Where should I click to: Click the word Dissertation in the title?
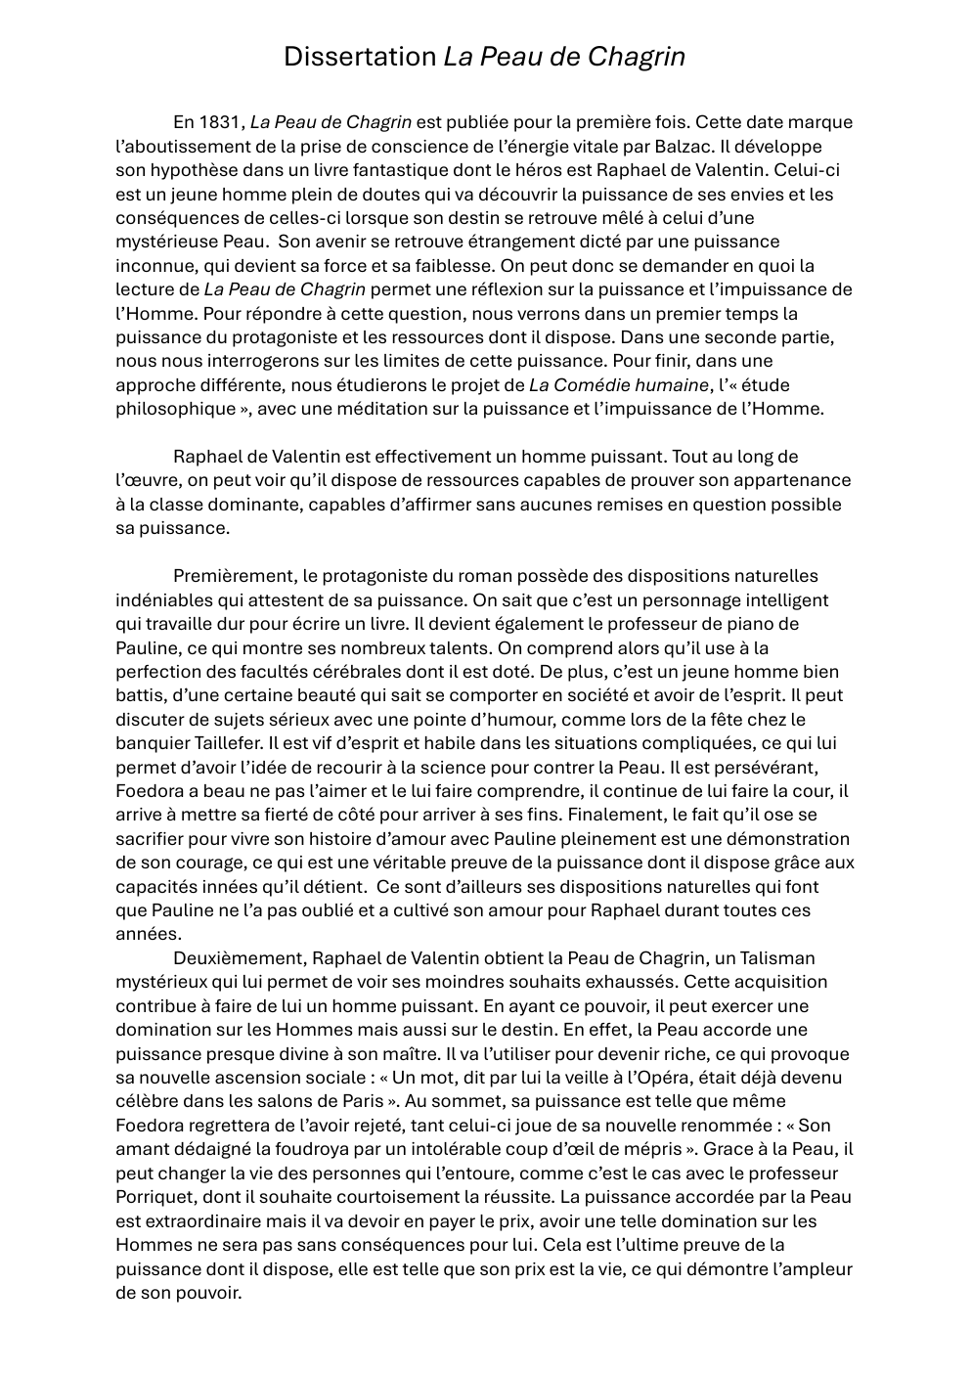pos(360,57)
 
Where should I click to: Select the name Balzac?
pos(678,147)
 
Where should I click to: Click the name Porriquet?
pos(155,1197)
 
